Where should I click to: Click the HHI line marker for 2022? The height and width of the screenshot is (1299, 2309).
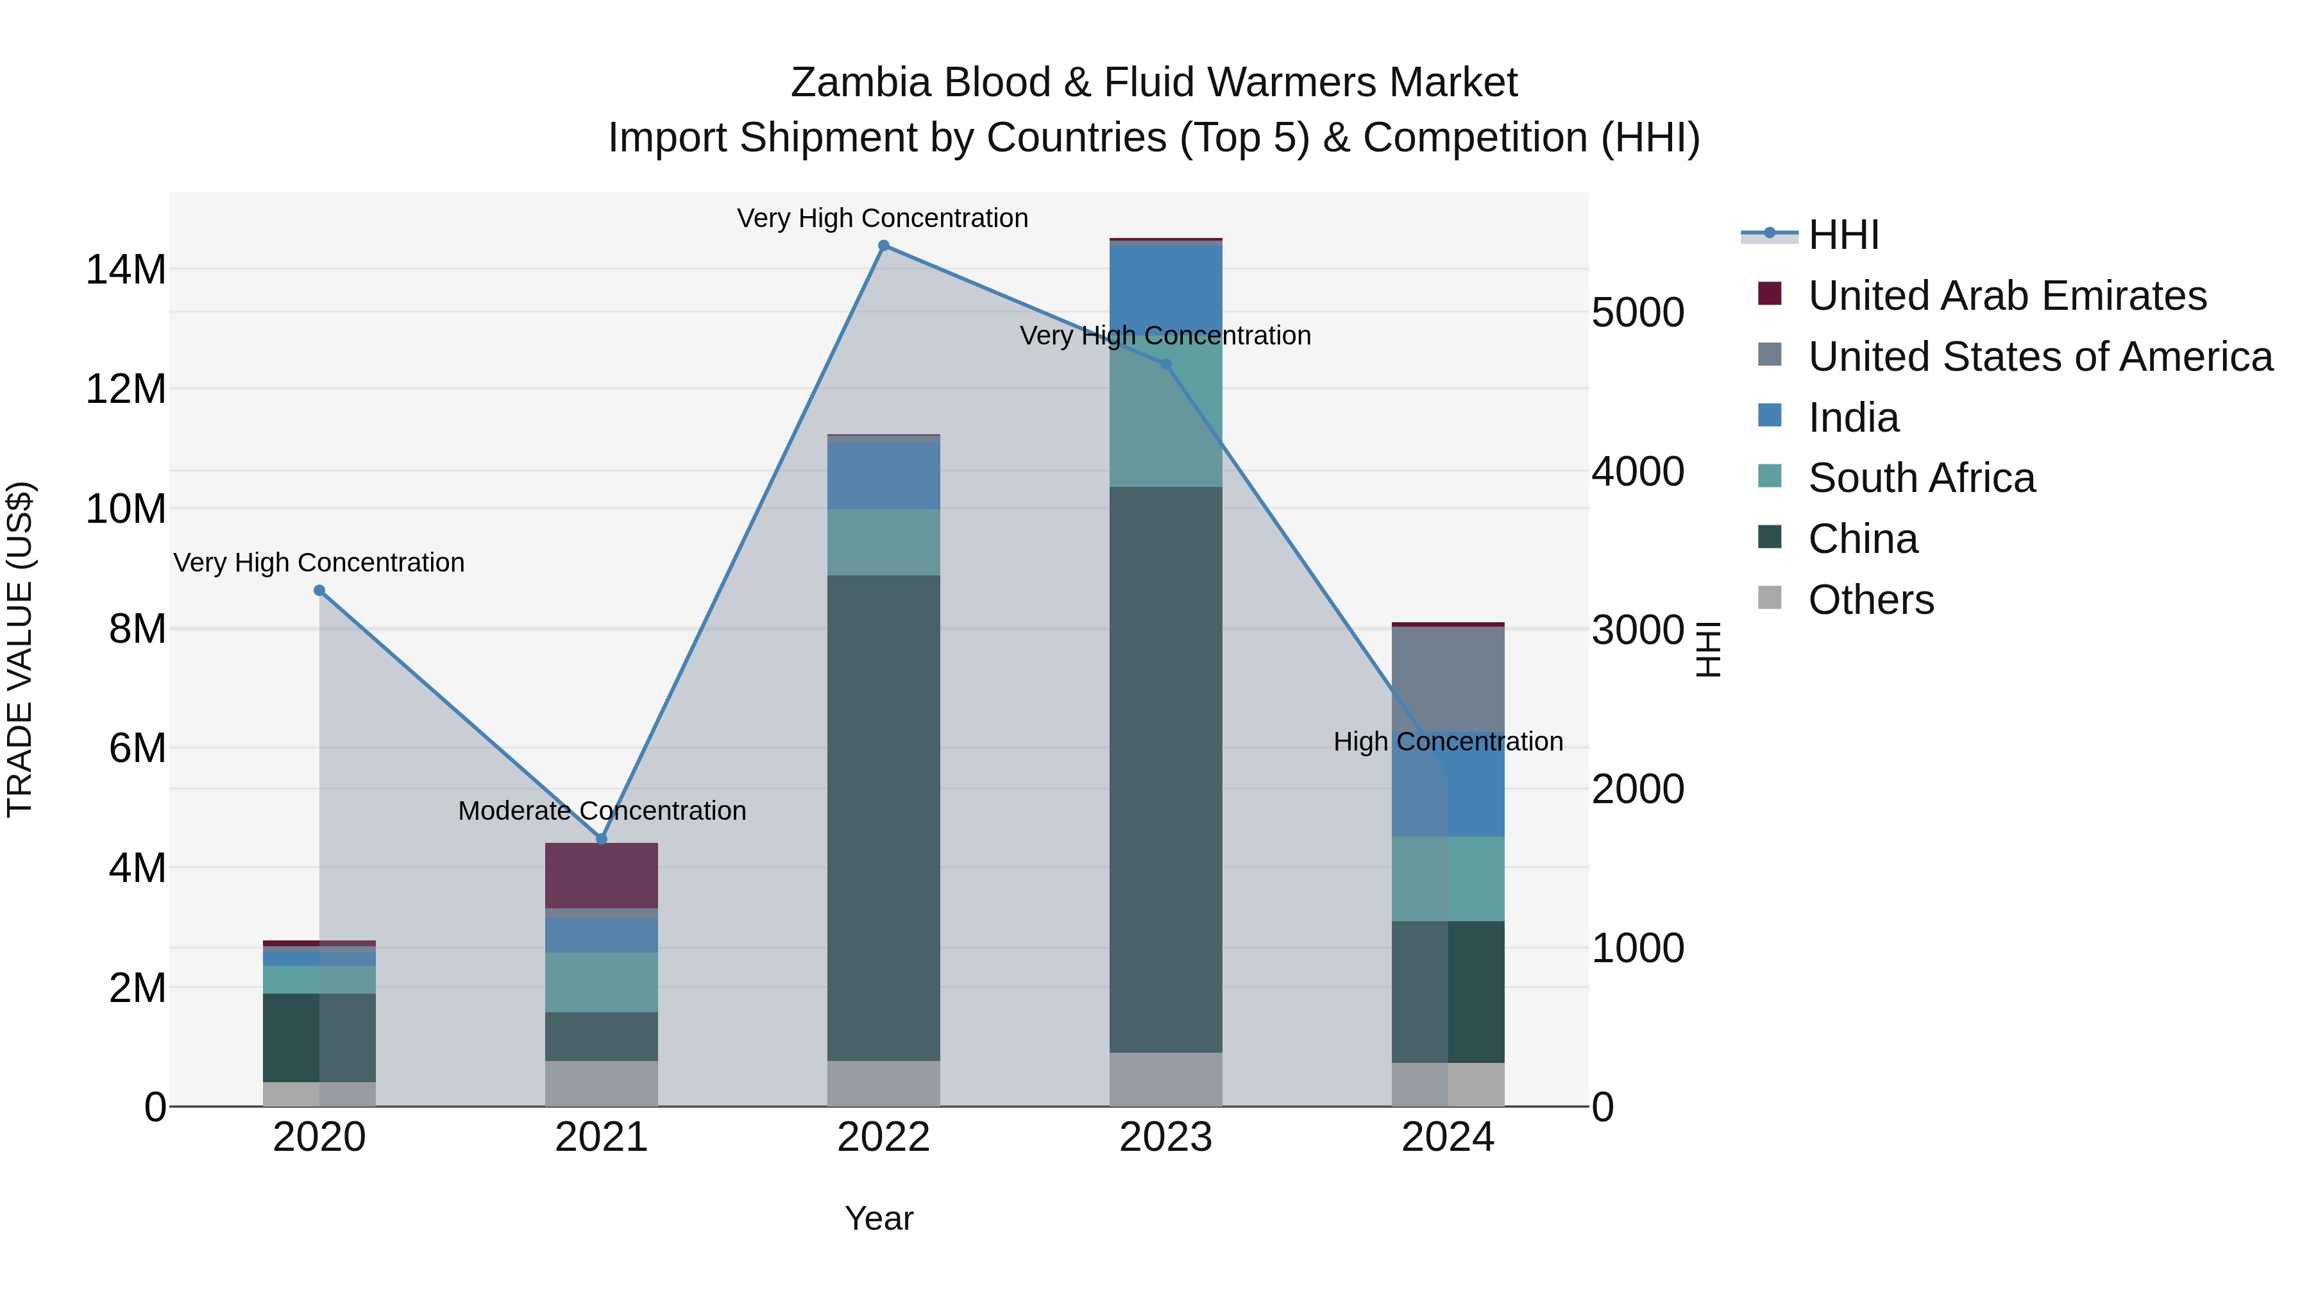pyautogui.click(x=883, y=246)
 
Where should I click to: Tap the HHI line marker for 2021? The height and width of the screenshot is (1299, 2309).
pyautogui.click(x=602, y=839)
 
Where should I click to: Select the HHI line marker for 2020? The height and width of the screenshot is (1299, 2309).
pyautogui.click(x=319, y=591)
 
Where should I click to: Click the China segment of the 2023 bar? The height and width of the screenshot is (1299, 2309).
pyautogui.click(x=1165, y=771)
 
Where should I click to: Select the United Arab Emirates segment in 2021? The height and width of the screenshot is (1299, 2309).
pyautogui.click(x=602, y=875)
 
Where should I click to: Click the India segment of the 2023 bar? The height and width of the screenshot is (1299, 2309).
pyautogui.click(x=1165, y=287)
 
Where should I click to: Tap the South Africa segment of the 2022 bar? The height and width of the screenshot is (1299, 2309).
pyautogui.click(x=883, y=542)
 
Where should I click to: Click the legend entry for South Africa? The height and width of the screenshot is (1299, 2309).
pyautogui.click(x=1921, y=478)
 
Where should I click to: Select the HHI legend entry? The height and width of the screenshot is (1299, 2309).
pyautogui.click(x=1842, y=235)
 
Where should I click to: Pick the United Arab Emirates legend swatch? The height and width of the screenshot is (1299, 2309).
pyautogui.click(x=1770, y=294)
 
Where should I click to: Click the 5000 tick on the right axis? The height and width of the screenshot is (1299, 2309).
pyautogui.click(x=1637, y=313)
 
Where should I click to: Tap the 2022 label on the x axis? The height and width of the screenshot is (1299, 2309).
pyautogui.click(x=883, y=1137)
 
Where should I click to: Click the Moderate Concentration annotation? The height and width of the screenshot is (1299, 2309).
pyautogui.click(x=602, y=810)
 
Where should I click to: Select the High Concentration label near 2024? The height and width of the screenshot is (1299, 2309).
pyautogui.click(x=1448, y=742)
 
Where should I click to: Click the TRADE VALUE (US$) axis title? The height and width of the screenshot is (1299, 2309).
pyautogui.click(x=20, y=649)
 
